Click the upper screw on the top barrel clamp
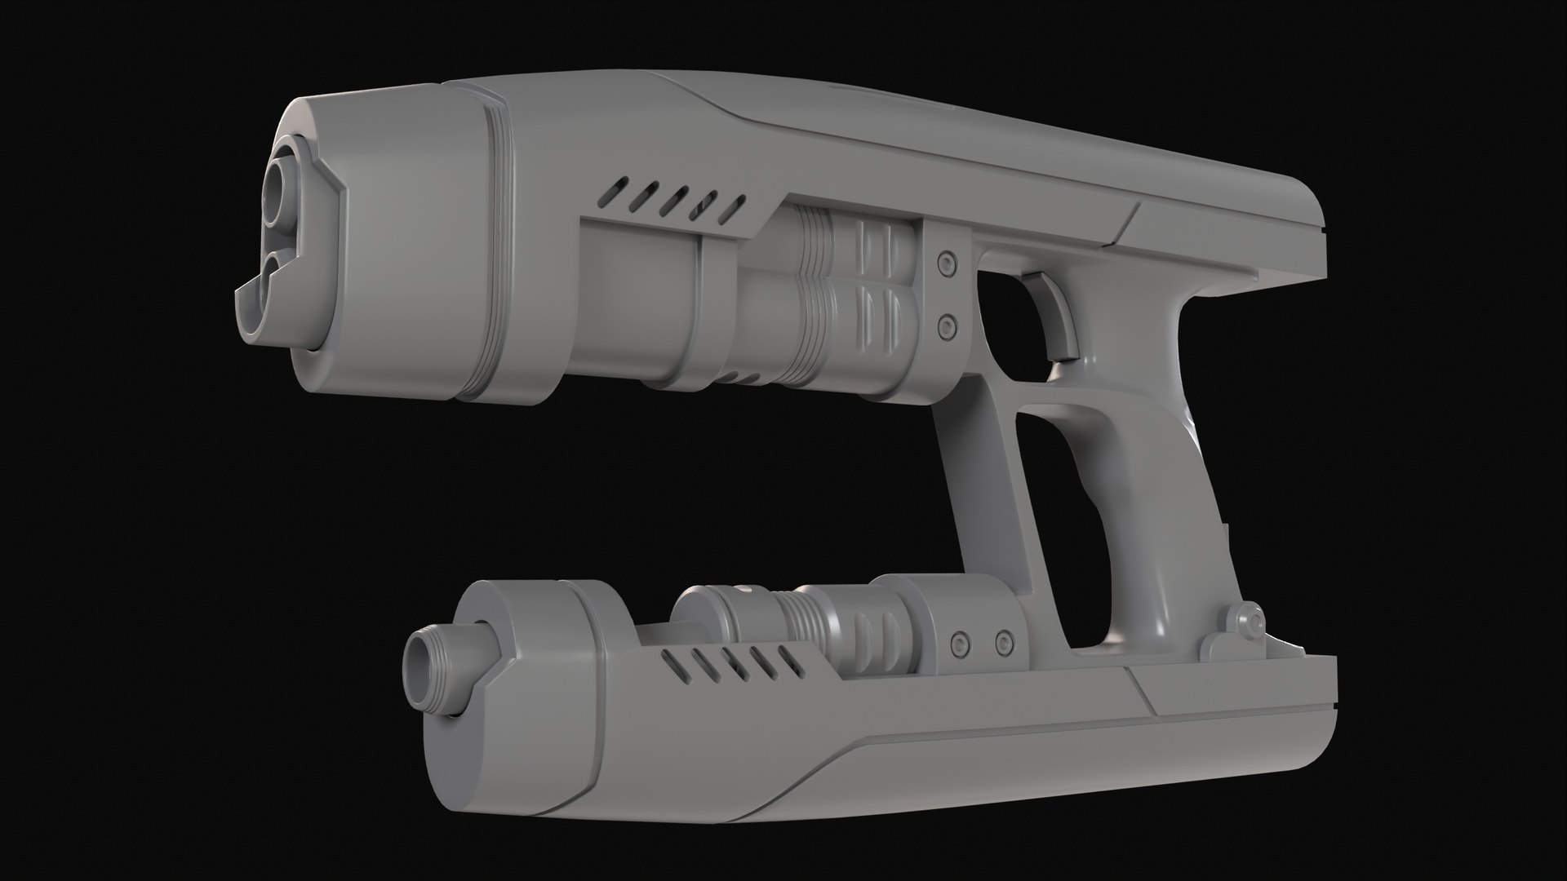947,262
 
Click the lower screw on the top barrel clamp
947,327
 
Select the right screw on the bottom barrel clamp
1005,640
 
